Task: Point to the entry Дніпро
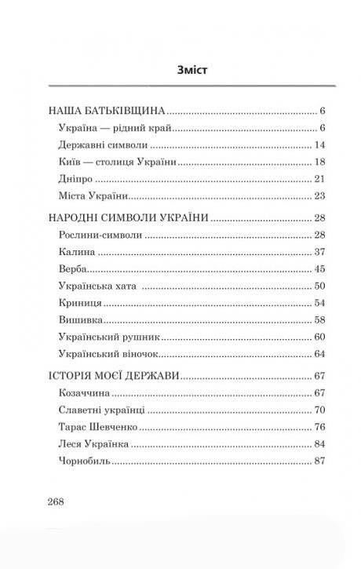click(76, 179)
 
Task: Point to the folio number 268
click(61, 502)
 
